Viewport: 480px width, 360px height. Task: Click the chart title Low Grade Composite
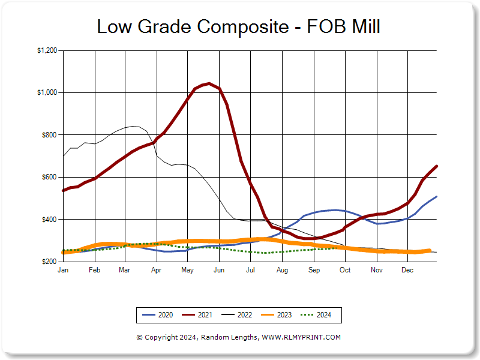193,27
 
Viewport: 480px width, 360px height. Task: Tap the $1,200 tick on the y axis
47,50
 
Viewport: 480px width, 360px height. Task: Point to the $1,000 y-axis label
47,92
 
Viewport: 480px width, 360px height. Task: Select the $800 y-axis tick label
49,135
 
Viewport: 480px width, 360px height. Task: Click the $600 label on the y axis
49,177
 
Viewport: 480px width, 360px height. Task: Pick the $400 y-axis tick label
49,220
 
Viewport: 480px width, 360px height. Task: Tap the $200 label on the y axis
49,262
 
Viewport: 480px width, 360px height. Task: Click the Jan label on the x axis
62,271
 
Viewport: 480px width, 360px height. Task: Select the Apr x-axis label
157,271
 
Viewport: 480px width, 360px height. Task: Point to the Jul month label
250,271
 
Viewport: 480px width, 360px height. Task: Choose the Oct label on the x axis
345,271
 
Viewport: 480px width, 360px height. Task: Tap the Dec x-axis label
407,271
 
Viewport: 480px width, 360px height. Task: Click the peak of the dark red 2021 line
208,83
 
